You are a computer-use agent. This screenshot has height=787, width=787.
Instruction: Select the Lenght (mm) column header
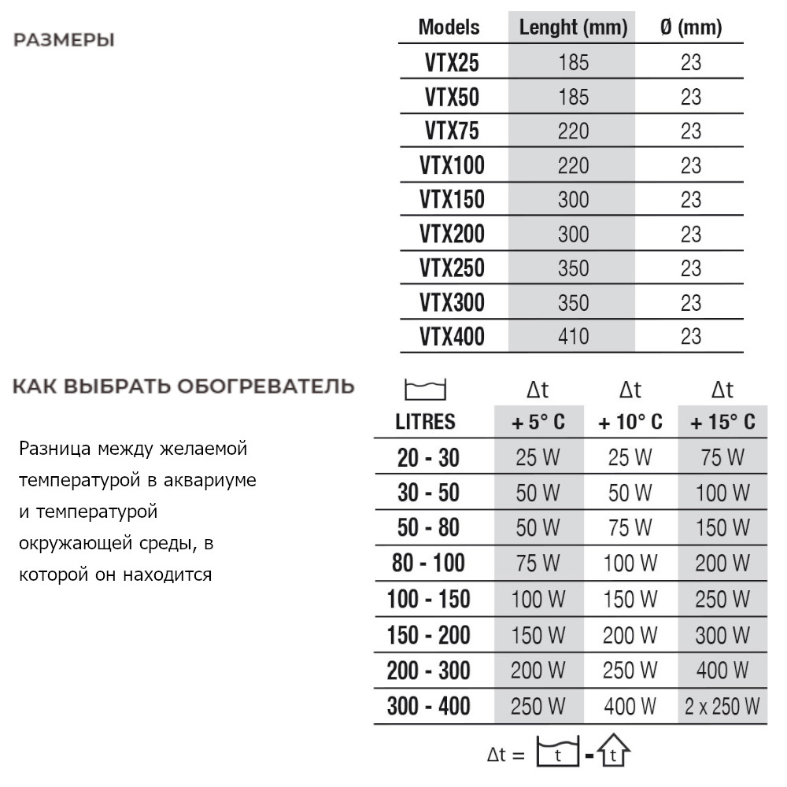click(x=573, y=28)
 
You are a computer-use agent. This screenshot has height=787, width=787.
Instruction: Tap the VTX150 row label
click(x=452, y=200)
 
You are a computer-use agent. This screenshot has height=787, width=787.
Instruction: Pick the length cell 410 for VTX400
click(x=573, y=337)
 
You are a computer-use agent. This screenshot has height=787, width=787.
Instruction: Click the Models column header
click(x=449, y=28)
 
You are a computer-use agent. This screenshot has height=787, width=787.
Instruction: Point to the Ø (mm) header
click(x=690, y=28)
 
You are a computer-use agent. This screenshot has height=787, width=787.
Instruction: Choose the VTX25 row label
click(x=452, y=63)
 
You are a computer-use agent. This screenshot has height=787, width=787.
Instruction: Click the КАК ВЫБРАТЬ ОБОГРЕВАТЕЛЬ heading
click(x=183, y=386)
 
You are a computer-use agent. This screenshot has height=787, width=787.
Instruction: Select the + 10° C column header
click(x=630, y=423)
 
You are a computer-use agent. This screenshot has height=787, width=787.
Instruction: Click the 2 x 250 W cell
click(x=722, y=706)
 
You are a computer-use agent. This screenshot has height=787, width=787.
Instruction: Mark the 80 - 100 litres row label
click(x=428, y=563)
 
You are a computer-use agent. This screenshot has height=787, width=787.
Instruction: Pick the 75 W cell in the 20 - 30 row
click(x=722, y=457)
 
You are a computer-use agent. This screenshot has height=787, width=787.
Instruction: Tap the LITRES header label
click(x=425, y=423)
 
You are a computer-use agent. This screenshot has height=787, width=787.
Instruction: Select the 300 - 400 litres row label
click(x=428, y=706)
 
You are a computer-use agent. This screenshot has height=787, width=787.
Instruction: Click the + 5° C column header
click(x=538, y=423)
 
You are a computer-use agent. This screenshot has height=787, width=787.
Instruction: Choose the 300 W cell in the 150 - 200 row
click(x=722, y=635)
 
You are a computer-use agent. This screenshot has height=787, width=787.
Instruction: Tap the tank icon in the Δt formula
click(x=557, y=754)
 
